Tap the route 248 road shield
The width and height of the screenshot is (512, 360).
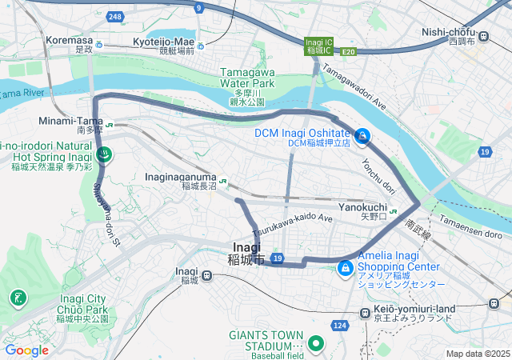(x=117, y=17)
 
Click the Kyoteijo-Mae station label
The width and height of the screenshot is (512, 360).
(x=163, y=41)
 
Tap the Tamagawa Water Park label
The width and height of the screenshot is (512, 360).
(x=247, y=82)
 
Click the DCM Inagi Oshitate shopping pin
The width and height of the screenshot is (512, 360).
(x=362, y=137)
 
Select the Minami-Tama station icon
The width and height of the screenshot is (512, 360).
(x=109, y=124)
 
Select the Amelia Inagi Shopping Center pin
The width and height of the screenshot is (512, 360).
(x=346, y=266)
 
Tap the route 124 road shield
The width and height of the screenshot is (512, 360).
(x=340, y=325)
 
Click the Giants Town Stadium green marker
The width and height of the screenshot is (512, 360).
(x=315, y=345)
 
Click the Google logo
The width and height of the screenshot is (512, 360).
(x=26, y=350)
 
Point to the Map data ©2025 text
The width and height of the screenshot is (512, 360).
(x=477, y=354)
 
